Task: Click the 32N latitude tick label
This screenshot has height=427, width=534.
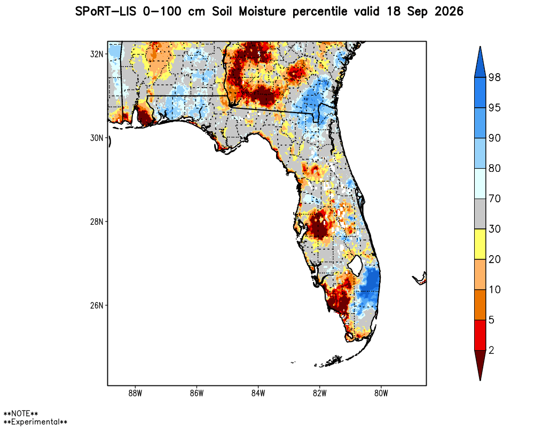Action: click(x=96, y=54)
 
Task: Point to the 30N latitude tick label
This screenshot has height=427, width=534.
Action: click(x=96, y=138)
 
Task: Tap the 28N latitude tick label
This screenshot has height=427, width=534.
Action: click(x=96, y=222)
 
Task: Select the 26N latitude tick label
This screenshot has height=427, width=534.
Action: click(x=96, y=305)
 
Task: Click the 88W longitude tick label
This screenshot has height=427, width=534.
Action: click(x=135, y=393)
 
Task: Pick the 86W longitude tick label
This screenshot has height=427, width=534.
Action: click(x=197, y=393)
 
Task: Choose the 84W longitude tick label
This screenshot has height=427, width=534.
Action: click(x=258, y=393)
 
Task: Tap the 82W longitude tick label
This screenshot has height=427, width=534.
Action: click(x=320, y=393)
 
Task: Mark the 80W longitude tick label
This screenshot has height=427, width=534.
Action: click(x=381, y=393)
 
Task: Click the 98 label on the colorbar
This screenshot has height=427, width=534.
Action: click(x=494, y=77)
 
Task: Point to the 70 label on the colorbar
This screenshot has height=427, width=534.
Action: click(x=494, y=199)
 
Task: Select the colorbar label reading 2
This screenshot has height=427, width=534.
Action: click(x=491, y=350)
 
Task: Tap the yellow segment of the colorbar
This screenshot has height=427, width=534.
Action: click(x=480, y=244)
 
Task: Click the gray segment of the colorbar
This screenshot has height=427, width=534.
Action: click(x=480, y=214)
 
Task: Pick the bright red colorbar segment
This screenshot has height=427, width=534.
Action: click(x=480, y=335)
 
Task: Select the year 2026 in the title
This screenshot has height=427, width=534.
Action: click(x=449, y=12)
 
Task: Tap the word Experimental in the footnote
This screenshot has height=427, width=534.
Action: click(x=35, y=422)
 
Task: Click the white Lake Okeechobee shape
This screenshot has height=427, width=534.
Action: click(x=356, y=265)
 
